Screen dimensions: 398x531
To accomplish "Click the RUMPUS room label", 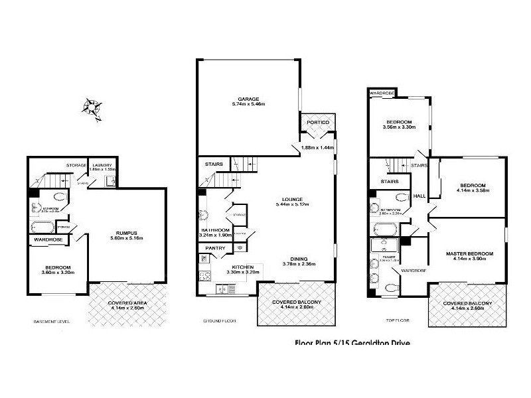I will [x=125, y=233].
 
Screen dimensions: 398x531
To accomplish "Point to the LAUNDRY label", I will [x=103, y=165].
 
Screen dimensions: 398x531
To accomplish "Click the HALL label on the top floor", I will [x=419, y=196].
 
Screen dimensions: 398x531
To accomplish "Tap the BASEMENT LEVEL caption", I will [x=51, y=322].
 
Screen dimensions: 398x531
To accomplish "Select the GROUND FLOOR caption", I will [x=219, y=322].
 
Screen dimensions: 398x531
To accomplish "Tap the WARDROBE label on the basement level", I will [x=48, y=240].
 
